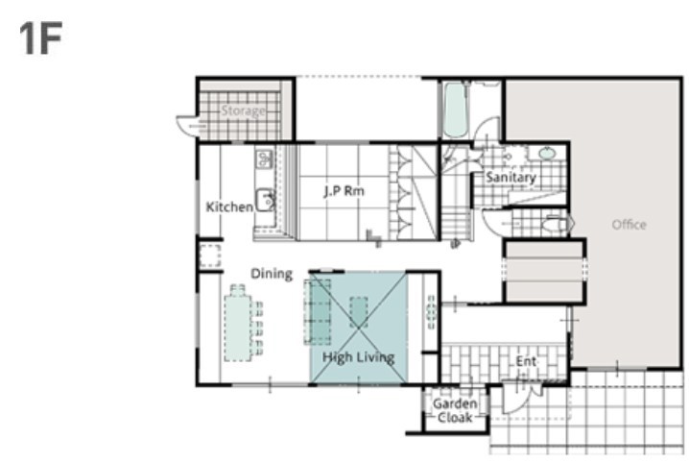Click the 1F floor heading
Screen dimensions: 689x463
[40, 37]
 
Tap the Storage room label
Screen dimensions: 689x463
[243, 110]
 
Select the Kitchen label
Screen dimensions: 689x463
[229, 207]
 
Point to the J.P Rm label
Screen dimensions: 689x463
[344, 191]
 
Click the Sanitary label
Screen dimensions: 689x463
[511, 178]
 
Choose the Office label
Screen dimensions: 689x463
[629, 225]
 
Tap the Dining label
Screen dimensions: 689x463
[272, 274]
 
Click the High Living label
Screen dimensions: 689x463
[358, 357]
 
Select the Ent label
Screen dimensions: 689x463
[526, 361]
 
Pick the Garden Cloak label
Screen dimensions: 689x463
[455, 410]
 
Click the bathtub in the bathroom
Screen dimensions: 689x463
[455, 110]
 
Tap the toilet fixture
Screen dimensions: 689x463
[557, 224]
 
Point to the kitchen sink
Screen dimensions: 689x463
[266, 200]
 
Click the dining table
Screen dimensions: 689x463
[238, 328]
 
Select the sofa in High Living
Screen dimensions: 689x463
[318, 311]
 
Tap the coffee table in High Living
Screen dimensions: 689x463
[359, 312]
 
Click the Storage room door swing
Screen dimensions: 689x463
[188, 126]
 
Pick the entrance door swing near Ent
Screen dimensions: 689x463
[515, 400]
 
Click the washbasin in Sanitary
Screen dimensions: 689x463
[547, 154]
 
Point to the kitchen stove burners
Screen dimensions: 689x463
[264, 158]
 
